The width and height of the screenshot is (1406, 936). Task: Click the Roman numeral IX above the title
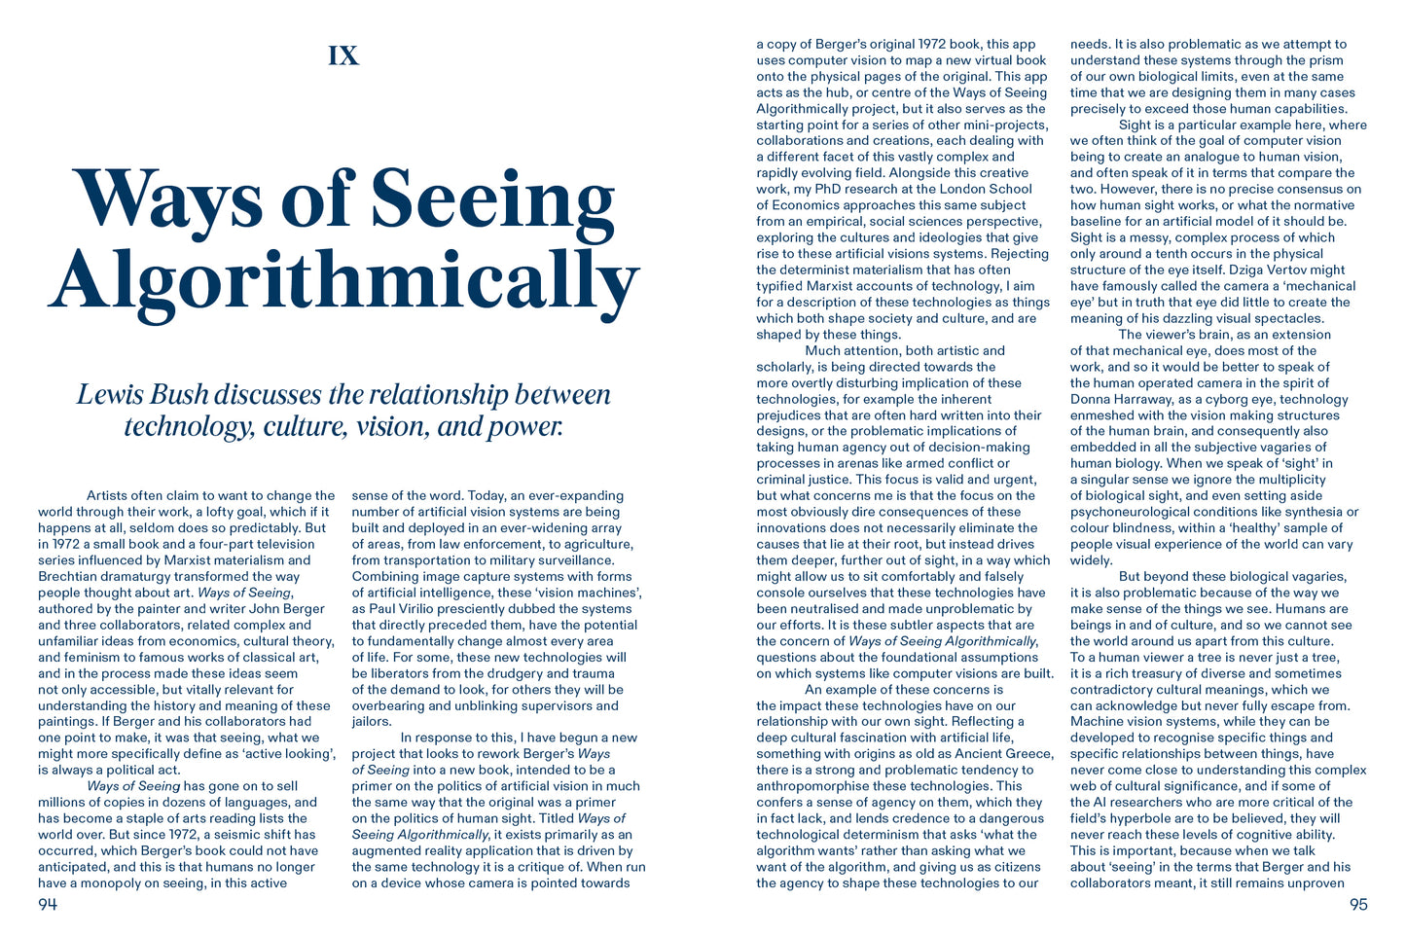click(343, 56)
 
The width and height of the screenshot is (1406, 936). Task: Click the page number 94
click(48, 905)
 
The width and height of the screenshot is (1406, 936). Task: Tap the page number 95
click(1358, 905)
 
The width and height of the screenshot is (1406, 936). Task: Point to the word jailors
click(372, 722)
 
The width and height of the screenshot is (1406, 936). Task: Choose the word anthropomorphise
click(818, 786)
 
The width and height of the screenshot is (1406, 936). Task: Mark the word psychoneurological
click(1131, 512)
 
